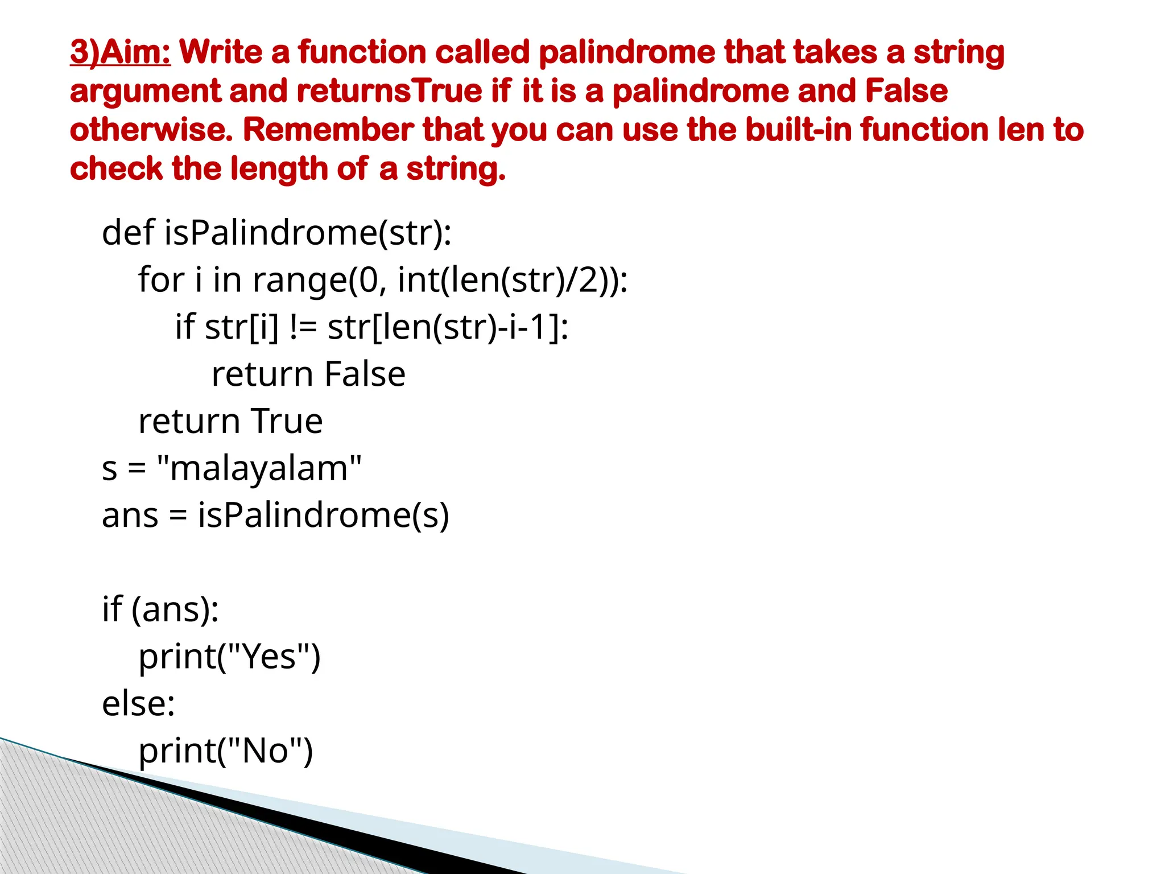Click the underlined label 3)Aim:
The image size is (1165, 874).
(120, 52)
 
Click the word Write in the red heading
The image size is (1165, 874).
(221, 52)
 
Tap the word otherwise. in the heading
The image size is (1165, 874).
(151, 130)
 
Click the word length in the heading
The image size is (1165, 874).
(279, 169)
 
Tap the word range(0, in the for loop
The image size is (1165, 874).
(319, 281)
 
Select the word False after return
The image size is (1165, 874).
(365, 374)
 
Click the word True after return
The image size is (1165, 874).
(287, 422)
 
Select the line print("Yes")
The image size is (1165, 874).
(230, 657)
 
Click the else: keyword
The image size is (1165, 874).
(138, 704)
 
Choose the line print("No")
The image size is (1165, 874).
(226, 751)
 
